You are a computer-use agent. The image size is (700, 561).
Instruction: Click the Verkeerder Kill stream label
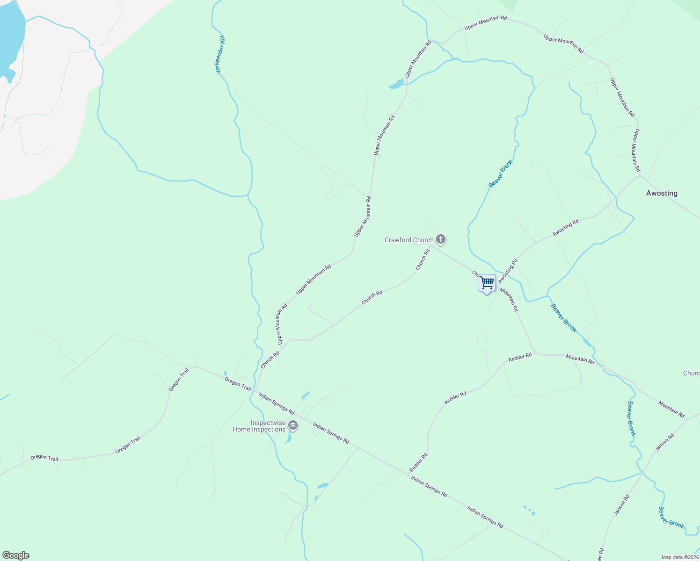221,54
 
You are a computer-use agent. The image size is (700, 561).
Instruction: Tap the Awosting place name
661,193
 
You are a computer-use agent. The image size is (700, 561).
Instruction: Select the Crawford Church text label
409,240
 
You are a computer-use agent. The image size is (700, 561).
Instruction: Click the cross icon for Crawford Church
440,240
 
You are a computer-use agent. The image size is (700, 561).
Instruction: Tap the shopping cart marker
487,283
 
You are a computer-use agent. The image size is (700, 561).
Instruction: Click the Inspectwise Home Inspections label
259,426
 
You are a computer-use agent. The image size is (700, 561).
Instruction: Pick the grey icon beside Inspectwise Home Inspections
293,425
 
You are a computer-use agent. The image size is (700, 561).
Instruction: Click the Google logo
15,555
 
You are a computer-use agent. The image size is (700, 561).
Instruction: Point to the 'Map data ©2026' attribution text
679,557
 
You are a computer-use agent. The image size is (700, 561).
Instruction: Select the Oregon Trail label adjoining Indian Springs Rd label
238,384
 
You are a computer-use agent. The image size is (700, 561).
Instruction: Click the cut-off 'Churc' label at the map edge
691,373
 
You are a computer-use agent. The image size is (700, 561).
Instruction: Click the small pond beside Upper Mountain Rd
396,85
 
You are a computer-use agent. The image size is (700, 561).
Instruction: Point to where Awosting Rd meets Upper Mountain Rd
639,176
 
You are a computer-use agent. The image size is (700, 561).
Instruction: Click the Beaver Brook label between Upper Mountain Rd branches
501,173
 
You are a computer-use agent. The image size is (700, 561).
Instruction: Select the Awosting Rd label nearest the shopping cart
508,271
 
